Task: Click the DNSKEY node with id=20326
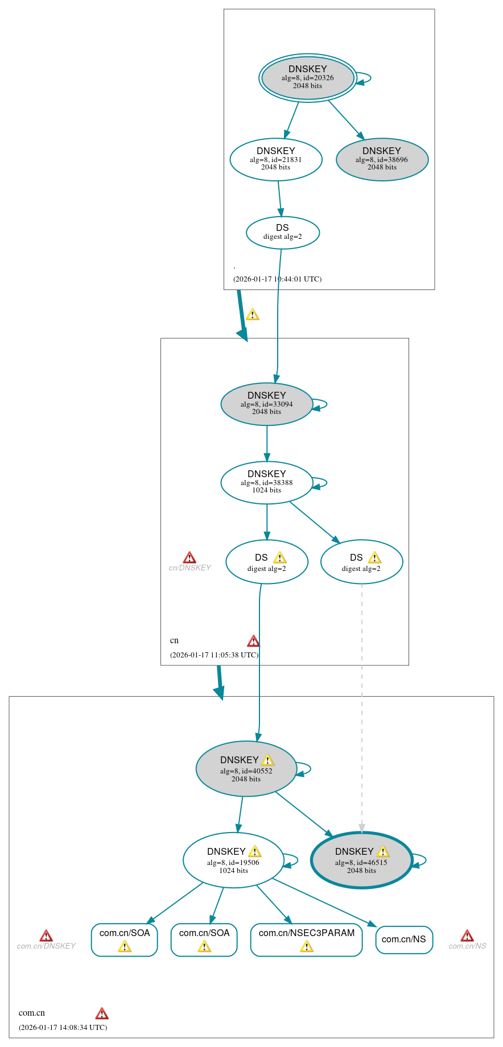(307, 78)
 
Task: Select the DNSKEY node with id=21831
(275, 159)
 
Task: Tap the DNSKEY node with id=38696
(382, 159)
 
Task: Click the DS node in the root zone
(282, 232)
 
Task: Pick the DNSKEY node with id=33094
(266, 404)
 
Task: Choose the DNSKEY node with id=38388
(266, 482)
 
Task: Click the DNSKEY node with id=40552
(246, 768)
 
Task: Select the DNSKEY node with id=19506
(233, 860)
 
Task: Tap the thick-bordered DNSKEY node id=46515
(361, 860)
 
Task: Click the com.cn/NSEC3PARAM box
(306, 940)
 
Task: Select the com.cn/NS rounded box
(404, 940)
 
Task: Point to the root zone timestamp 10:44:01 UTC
(277, 279)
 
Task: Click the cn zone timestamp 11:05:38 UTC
(214, 655)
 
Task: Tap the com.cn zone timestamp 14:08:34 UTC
(63, 1027)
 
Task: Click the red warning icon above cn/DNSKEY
(189, 557)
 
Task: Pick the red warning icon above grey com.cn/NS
(467, 936)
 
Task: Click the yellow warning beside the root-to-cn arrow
(253, 314)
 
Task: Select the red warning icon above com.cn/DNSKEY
(46, 936)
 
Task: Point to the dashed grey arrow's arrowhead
(361, 829)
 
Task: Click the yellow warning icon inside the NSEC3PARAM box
(306, 946)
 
